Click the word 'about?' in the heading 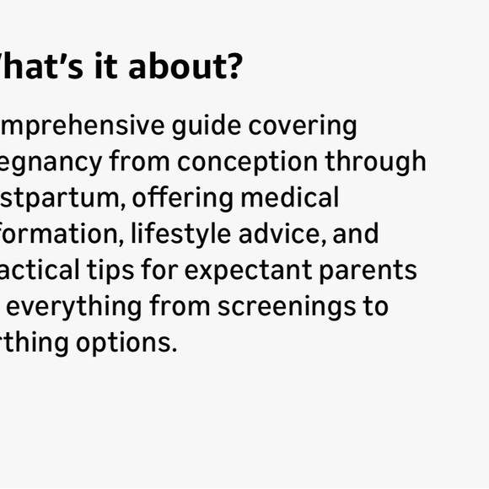[x=185, y=66]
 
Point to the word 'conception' [x=247, y=161]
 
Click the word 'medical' [x=289, y=197]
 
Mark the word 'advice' [x=282, y=234]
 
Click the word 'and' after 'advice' [x=356, y=234]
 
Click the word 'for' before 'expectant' [x=168, y=270]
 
